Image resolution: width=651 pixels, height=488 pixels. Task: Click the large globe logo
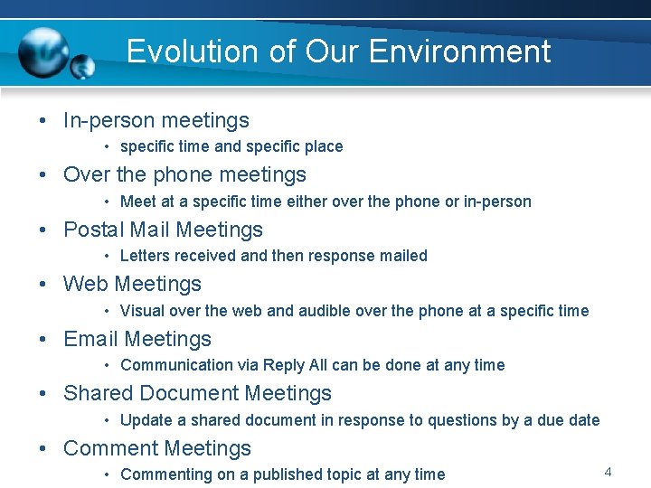click(44, 52)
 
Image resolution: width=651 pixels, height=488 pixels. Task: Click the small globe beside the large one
click(82, 67)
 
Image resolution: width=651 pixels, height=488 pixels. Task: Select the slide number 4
click(608, 472)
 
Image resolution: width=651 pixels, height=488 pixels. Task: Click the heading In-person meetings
click(156, 120)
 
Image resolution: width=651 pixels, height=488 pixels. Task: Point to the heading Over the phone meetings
click(184, 174)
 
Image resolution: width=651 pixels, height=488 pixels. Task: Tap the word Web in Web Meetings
click(85, 284)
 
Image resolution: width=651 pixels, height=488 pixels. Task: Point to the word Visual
click(141, 311)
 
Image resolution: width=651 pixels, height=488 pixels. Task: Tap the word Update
click(146, 420)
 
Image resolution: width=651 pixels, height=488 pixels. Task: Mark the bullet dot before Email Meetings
click(43, 340)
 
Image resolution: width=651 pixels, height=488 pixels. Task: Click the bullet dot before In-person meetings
click(43, 121)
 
